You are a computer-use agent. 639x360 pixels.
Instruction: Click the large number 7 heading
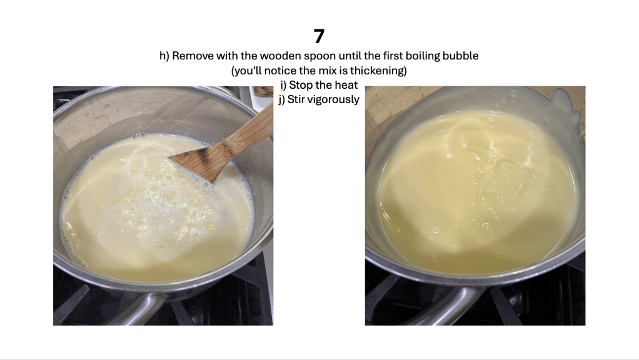click(319, 36)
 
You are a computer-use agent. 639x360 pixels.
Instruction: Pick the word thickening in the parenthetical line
click(378, 71)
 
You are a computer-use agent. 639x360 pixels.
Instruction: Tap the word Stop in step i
click(302, 86)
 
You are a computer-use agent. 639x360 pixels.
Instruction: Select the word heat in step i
click(347, 85)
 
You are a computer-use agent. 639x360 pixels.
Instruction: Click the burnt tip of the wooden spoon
click(191, 158)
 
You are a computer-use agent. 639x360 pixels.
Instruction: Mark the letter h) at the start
click(164, 56)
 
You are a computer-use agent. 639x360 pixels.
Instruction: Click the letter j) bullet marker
click(281, 100)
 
